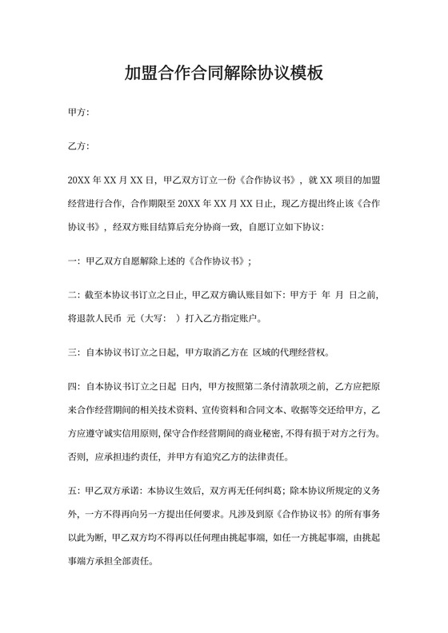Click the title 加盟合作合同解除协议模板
coord(224,74)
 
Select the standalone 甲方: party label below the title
coord(79,113)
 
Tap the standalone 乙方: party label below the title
coord(79,147)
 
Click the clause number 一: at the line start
coord(74,261)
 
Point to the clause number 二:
coord(74,295)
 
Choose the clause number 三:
coord(74,352)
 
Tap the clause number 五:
coord(74,489)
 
